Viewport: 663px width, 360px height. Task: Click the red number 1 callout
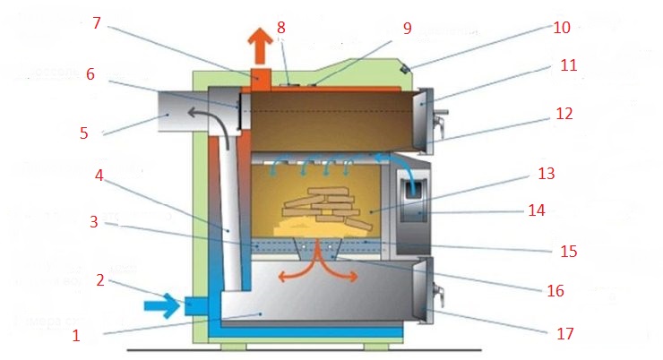coord(76,337)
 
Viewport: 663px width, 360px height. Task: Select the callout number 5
coord(84,133)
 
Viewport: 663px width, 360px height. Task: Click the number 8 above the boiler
coord(281,27)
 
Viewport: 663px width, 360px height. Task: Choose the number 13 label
coord(571,172)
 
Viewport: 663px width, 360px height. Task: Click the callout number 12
coord(564,114)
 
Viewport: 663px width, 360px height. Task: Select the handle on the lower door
coord(439,290)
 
